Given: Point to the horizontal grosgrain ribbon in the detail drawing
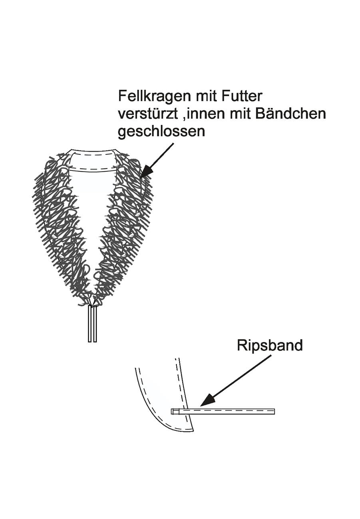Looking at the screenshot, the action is pos(223,412).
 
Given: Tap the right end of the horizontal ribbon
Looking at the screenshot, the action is pos(274,412).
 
